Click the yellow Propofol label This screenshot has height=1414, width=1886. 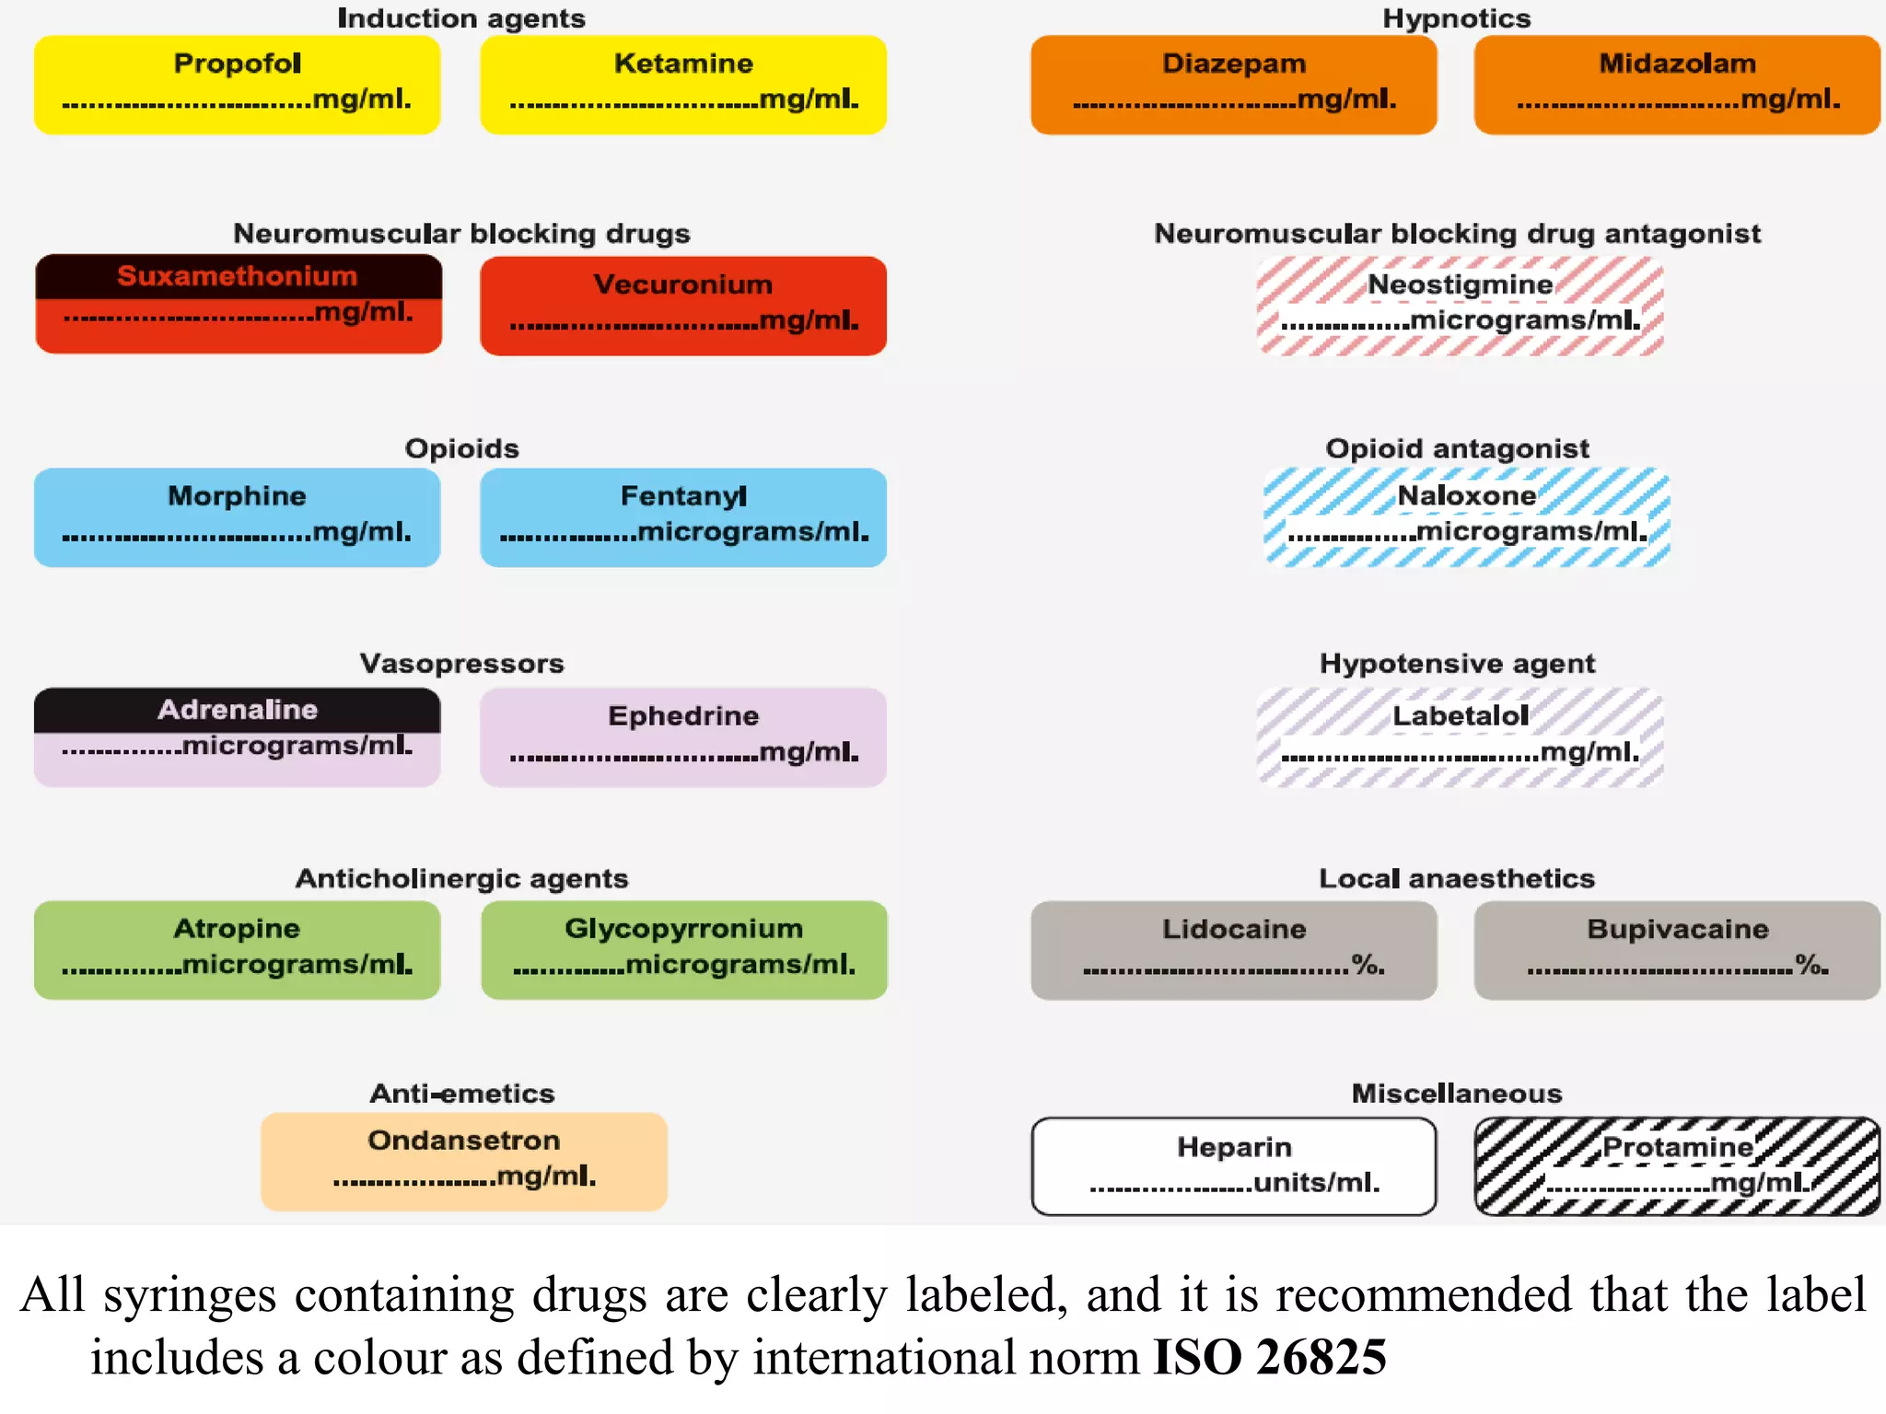tap(237, 85)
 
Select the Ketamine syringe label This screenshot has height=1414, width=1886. tap(682, 85)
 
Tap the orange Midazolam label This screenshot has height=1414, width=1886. tap(1676, 85)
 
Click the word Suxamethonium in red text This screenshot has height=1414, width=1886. tap(237, 276)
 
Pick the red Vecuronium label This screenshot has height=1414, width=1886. tap(682, 306)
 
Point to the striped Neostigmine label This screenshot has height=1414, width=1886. tap(1460, 306)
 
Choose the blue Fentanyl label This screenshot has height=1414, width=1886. tap(682, 517)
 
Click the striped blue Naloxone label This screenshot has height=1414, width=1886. tap(1466, 517)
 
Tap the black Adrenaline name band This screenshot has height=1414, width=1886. tap(237, 710)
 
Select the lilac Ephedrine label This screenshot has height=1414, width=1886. tap(682, 736)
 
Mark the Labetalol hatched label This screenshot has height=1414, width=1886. tap(1460, 736)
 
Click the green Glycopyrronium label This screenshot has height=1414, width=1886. tap(683, 949)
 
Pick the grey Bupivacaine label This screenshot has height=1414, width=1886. tap(1676, 949)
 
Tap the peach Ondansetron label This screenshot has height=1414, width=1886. tap(463, 1161)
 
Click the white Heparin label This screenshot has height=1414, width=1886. tap(1233, 1166)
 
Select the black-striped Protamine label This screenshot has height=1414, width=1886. tap(1676, 1166)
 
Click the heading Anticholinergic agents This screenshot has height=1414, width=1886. tap(461, 878)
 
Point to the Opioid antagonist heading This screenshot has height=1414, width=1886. tap(1457, 448)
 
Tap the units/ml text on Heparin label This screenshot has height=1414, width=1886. tap(1316, 1183)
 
